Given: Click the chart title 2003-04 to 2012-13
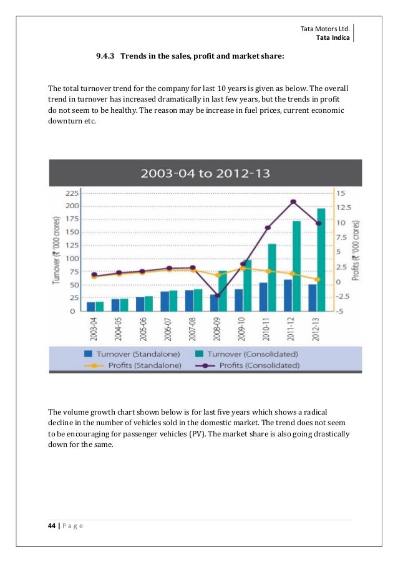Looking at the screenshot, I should [x=205, y=173].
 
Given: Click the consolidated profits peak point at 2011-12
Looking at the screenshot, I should [x=293, y=201].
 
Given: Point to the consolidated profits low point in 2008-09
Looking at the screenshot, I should [x=218, y=296].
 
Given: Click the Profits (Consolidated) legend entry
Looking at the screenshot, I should [x=250, y=365].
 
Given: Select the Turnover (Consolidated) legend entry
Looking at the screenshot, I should [x=245, y=354].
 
